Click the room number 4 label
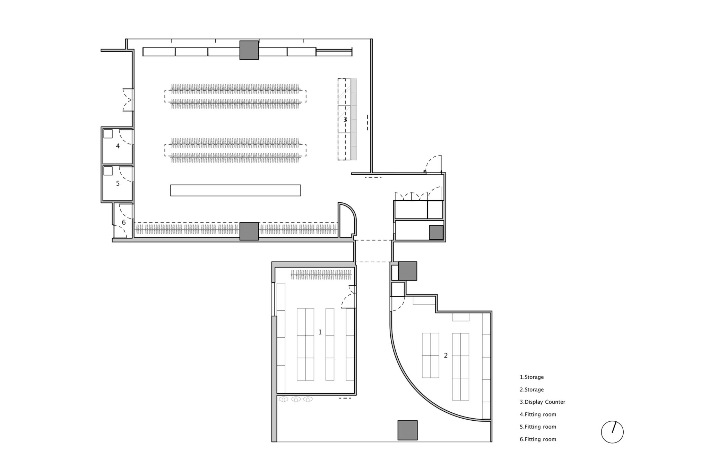click(118, 146)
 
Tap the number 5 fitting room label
click(118, 184)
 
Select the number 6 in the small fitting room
click(124, 222)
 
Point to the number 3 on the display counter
click(345, 120)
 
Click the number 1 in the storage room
click(320, 332)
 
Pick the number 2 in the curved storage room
click(446, 355)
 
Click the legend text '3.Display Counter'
click(543, 402)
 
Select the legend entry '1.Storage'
click(532, 377)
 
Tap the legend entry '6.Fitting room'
click(538, 439)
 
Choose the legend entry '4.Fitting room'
click(538, 414)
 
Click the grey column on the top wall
click(249, 50)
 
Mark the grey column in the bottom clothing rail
click(249, 231)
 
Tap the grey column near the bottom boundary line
click(407, 430)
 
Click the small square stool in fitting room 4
click(108, 133)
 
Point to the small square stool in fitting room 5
click(108, 171)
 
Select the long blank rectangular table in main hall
click(235, 190)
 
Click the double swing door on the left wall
click(128, 100)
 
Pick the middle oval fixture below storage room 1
click(296, 400)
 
